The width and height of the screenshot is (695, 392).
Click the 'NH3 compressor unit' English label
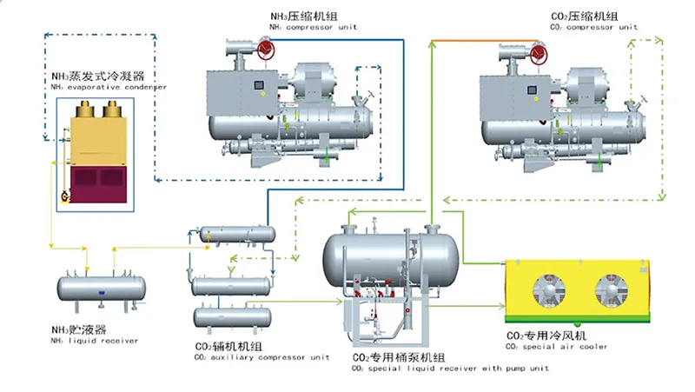(x=314, y=27)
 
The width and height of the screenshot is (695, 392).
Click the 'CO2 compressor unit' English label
(x=594, y=27)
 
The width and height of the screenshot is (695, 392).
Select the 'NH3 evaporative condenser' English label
(x=109, y=87)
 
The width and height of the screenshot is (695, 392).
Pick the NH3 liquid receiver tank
(x=97, y=289)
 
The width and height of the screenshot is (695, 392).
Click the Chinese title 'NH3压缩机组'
(x=300, y=16)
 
